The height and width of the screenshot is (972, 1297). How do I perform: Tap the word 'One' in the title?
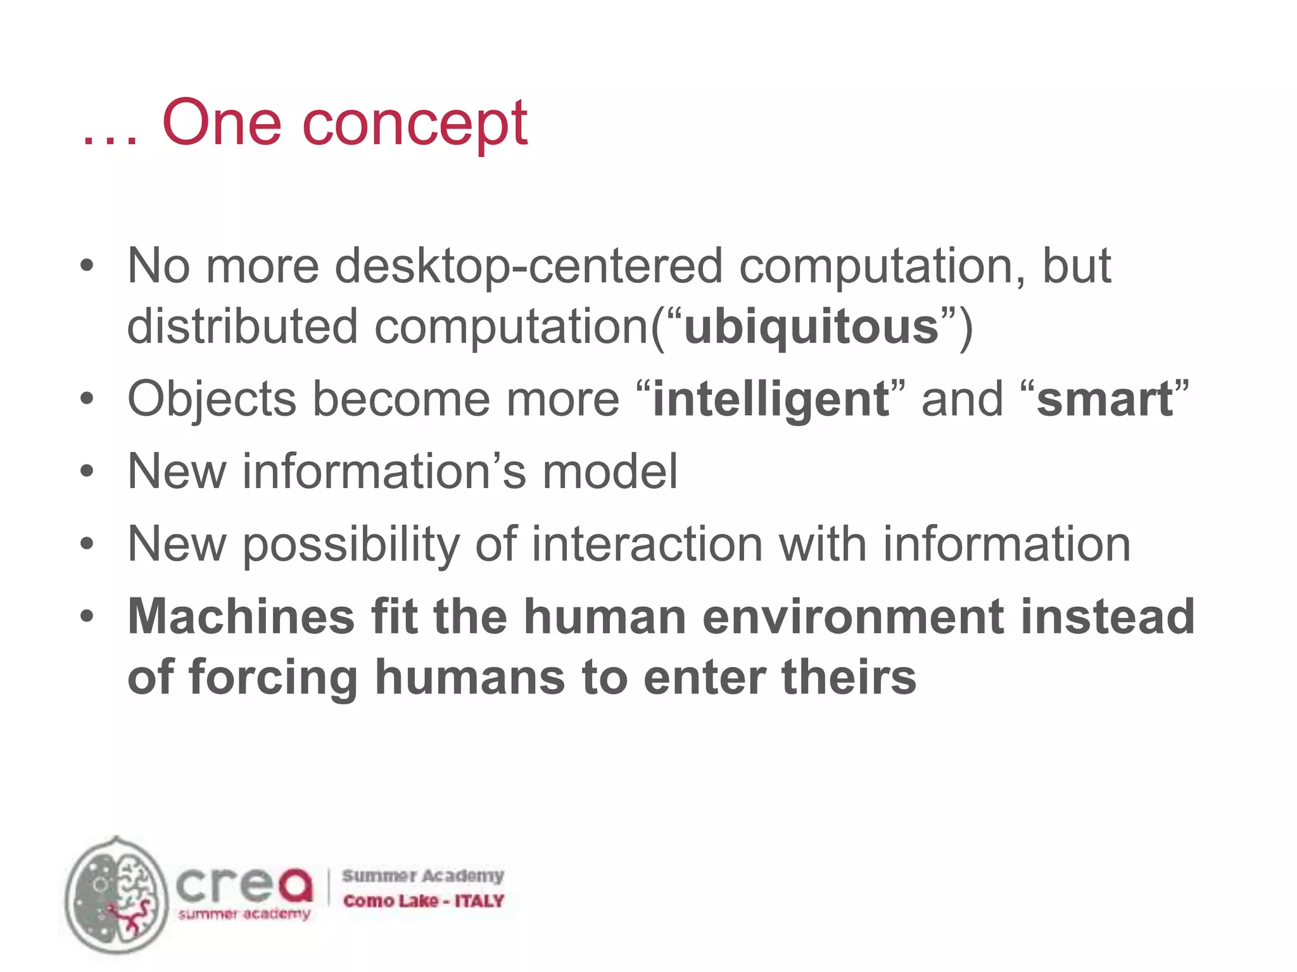(x=222, y=121)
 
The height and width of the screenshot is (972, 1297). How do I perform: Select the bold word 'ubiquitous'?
(x=811, y=327)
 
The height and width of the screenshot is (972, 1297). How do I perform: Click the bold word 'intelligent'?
(x=771, y=400)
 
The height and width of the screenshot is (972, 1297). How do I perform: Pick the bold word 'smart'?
(x=1105, y=400)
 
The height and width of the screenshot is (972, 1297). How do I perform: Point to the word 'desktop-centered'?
(x=528, y=266)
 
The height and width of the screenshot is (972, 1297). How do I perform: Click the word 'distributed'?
(x=243, y=327)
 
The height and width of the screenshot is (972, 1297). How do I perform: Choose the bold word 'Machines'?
(x=241, y=616)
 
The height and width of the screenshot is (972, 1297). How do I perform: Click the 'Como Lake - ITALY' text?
(x=423, y=900)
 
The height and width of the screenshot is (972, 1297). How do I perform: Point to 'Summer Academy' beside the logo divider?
(x=423, y=876)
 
